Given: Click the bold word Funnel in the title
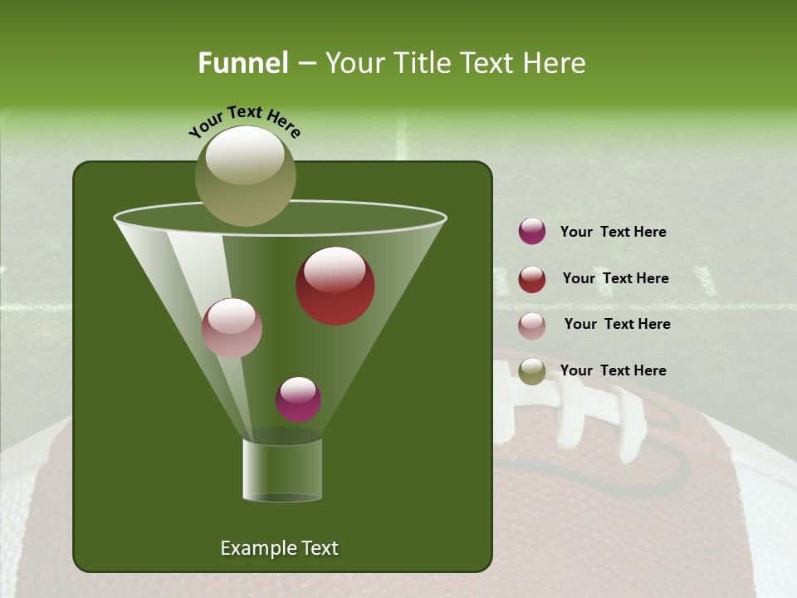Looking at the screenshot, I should [242, 63].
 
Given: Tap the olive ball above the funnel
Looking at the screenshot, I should [245, 175].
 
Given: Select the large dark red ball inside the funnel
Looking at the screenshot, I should [335, 286].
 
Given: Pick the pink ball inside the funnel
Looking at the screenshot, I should [232, 328].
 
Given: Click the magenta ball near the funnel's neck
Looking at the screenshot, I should [298, 399].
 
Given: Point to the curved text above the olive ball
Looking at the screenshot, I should [244, 121].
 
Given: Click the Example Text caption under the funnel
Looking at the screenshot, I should [279, 548].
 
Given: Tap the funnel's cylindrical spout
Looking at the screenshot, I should [282, 470].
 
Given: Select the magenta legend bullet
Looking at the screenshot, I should [532, 231].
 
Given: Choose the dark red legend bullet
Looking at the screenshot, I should [532, 279].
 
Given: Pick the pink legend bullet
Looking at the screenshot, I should [532, 326].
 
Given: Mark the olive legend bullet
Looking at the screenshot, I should [532, 371].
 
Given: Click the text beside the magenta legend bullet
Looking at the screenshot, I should [613, 232].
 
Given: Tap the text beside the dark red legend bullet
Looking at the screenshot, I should [615, 278].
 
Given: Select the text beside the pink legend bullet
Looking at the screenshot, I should [617, 324].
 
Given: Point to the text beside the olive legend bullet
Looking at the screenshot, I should [613, 370].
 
